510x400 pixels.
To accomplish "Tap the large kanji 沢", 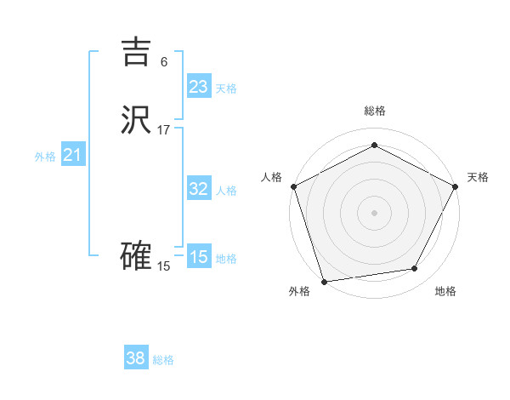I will tap(136, 121).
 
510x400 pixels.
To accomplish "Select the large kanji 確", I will tap(136, 256).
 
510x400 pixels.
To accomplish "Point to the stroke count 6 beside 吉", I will tap(164, 61).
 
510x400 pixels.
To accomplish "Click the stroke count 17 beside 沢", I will tap(164, 130).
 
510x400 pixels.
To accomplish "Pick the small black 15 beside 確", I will tap(164, 266).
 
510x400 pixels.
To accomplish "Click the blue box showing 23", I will tap(198, 87).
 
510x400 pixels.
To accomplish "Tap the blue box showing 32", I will tap(198, 189).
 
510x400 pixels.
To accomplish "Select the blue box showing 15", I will tap(198, 257).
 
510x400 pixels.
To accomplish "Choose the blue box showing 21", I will tap(72, 155).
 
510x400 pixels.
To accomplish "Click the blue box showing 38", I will tap(136, 358).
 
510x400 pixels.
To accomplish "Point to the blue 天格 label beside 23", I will tap(226, 89).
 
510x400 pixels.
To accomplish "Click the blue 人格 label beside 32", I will tap(226, 191).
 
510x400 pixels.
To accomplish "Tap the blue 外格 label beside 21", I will tap(45, 157).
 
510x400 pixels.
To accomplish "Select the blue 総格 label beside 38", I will tap(163, 360).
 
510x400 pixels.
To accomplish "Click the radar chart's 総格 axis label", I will tap(374, 111).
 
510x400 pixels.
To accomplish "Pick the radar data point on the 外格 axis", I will tap(324, 281).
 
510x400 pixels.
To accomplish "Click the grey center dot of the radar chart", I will tap(374, 212).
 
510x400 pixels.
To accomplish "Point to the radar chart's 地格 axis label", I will tap(445, 292).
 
